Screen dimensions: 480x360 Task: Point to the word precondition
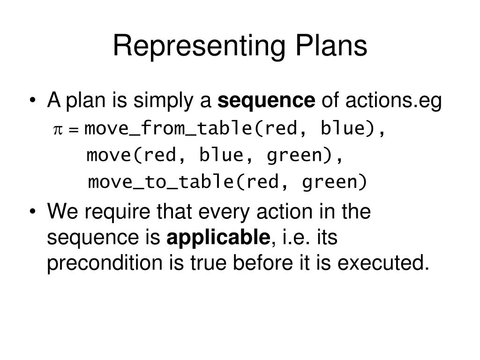104,264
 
